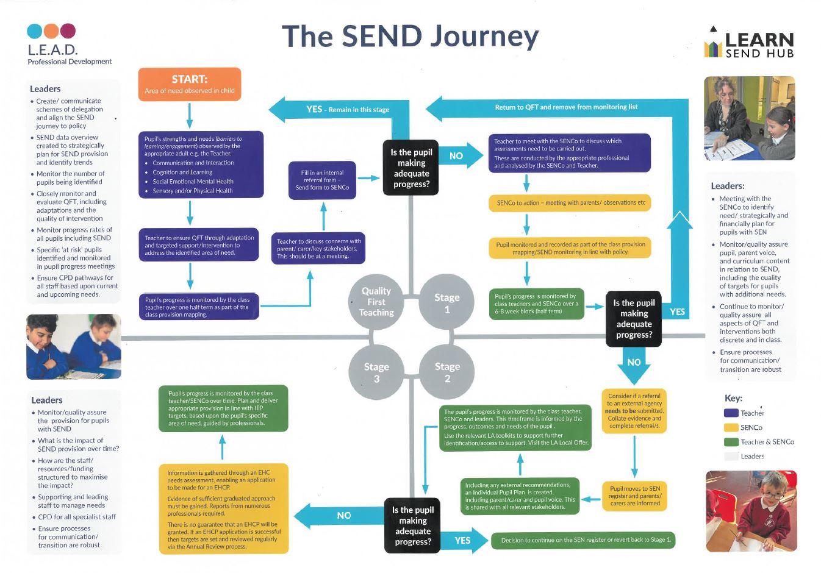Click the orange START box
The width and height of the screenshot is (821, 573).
tap(190, 84)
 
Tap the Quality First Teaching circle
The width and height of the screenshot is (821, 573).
tap(376, 302)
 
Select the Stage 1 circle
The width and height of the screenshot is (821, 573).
tap(446, 302)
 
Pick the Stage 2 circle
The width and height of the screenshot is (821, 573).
tap(446, 372)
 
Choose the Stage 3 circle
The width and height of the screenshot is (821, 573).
tap(376, 372)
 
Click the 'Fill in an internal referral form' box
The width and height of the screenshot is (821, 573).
tap(322, 180)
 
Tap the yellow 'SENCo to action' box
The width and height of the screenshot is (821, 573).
tap(570, 203)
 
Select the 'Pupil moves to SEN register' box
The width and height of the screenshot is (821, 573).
tap(634, 496)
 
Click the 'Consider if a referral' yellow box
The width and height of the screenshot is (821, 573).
tap(634, 411)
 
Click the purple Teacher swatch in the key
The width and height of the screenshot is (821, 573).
tap(731, 413)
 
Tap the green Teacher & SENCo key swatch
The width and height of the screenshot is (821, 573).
tap(731, 442)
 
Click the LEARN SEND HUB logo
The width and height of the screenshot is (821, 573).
tap(749, 43)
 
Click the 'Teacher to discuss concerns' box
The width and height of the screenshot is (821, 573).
tap(318, 249)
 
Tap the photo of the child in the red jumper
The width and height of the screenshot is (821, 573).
tap(751, 511)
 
